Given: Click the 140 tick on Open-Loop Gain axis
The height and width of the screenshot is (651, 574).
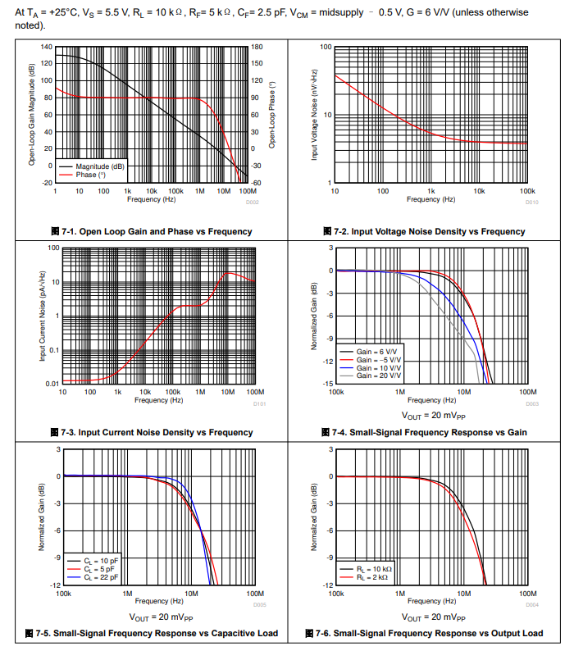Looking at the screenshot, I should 46,47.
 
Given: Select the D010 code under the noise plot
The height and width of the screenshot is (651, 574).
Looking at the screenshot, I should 532,202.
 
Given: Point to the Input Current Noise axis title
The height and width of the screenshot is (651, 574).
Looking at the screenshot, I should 42,316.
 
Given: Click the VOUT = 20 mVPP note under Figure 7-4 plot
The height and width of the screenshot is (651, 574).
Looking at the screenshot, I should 432,416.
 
